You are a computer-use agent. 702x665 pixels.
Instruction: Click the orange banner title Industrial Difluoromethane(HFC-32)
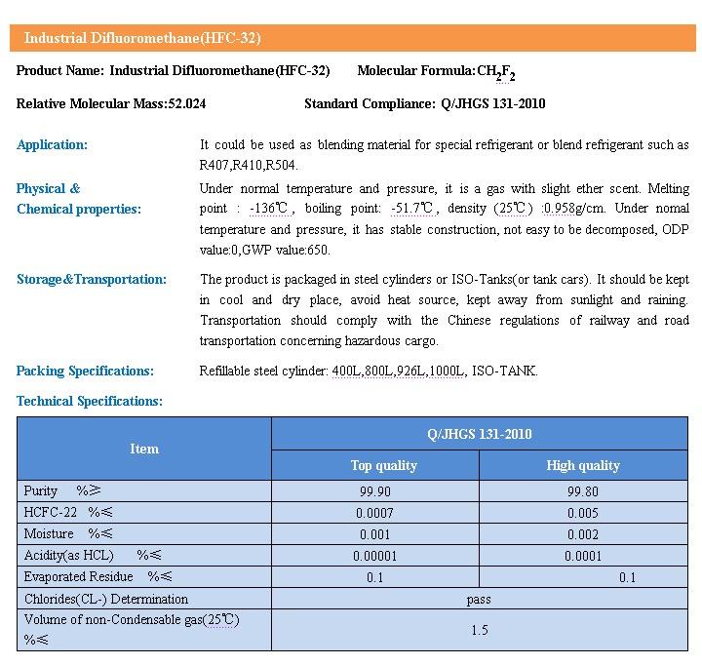click(142, 38)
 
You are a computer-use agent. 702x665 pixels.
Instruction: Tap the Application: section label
click(52, 144)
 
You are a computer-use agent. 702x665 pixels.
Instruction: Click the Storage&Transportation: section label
click(92, 279)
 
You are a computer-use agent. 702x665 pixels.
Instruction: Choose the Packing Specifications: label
click(85, 371)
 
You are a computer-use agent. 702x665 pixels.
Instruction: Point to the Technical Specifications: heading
click(90, 401)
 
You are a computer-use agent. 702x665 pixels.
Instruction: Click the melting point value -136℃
click(269, 209)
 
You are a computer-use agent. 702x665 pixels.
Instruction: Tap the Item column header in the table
click(144, 449)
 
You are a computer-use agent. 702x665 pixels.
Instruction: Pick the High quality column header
click(583, 465)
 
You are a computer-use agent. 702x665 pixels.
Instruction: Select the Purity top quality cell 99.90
click(374, 490)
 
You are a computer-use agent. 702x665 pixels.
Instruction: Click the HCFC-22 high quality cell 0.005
click(583, 512)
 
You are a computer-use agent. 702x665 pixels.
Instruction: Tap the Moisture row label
click(49, 533)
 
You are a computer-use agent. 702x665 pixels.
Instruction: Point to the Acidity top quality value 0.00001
click(375, 556)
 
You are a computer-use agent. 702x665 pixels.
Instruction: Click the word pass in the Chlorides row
click(479, 599)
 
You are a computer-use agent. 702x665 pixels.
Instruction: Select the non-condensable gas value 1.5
click(479, 630)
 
